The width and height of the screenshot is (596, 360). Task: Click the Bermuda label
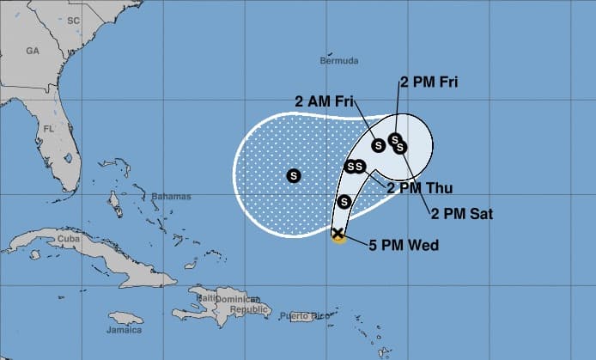click(338, 61)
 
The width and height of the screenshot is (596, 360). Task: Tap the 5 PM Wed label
click(404, 246)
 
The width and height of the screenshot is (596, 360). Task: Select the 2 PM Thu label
click(419, 188)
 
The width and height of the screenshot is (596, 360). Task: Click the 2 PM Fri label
click(429, 82)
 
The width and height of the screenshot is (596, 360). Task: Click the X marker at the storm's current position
click(338, 234)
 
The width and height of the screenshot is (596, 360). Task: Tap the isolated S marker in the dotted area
click(294, 176)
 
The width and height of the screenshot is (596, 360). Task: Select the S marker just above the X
click(344, 202)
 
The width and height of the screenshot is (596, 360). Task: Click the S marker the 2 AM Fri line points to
click(379, 144)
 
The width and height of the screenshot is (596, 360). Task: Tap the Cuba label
click(67, 239)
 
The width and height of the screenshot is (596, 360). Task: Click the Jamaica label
click(124, 330)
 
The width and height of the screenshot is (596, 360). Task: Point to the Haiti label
click(206, 298)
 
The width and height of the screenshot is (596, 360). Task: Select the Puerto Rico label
click(306, 317)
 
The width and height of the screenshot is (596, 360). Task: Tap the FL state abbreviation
click(50, 130)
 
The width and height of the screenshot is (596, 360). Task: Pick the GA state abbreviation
click(33, 51)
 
